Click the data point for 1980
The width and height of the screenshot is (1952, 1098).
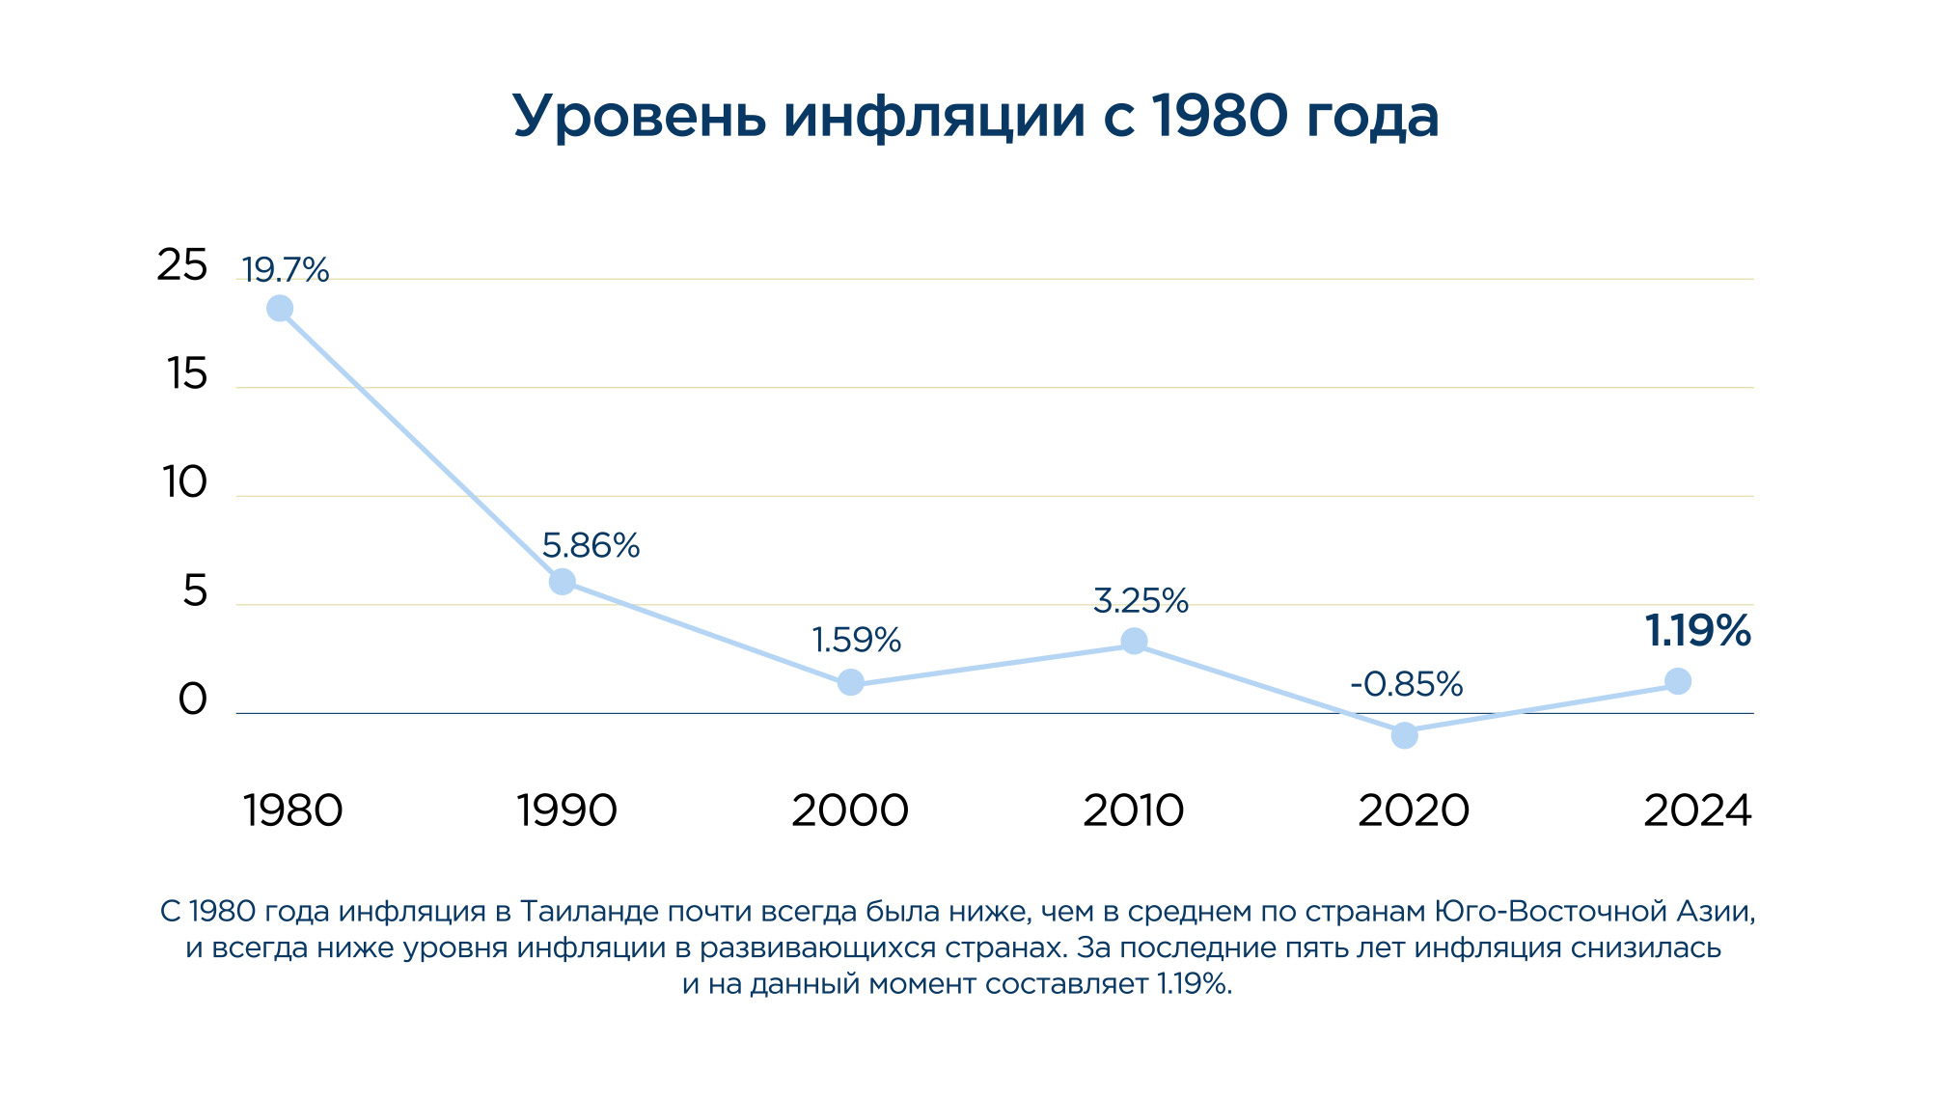280,309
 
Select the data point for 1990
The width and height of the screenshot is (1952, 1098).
562,582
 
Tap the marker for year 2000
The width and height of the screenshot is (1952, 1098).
850,683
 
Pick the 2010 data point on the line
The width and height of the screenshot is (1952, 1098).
1134,642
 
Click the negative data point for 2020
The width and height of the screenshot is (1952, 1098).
1405,735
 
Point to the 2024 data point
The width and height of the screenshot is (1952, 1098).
1678,681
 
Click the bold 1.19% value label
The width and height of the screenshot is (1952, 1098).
1697,631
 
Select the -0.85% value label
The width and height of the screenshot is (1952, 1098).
1406,684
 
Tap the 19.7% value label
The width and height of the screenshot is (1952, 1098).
285,270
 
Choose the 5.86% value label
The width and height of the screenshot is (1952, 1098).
591,546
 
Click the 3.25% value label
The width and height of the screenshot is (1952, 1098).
1141,601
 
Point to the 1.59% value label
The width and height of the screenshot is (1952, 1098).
856,640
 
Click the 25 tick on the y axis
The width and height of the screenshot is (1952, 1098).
181,265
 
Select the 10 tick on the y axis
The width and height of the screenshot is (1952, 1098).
184,482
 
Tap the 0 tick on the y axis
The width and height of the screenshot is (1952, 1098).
192,700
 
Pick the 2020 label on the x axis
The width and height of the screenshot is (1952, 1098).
1414,810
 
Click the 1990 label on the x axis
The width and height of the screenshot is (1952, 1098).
566,810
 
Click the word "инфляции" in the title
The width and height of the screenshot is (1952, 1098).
934,117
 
